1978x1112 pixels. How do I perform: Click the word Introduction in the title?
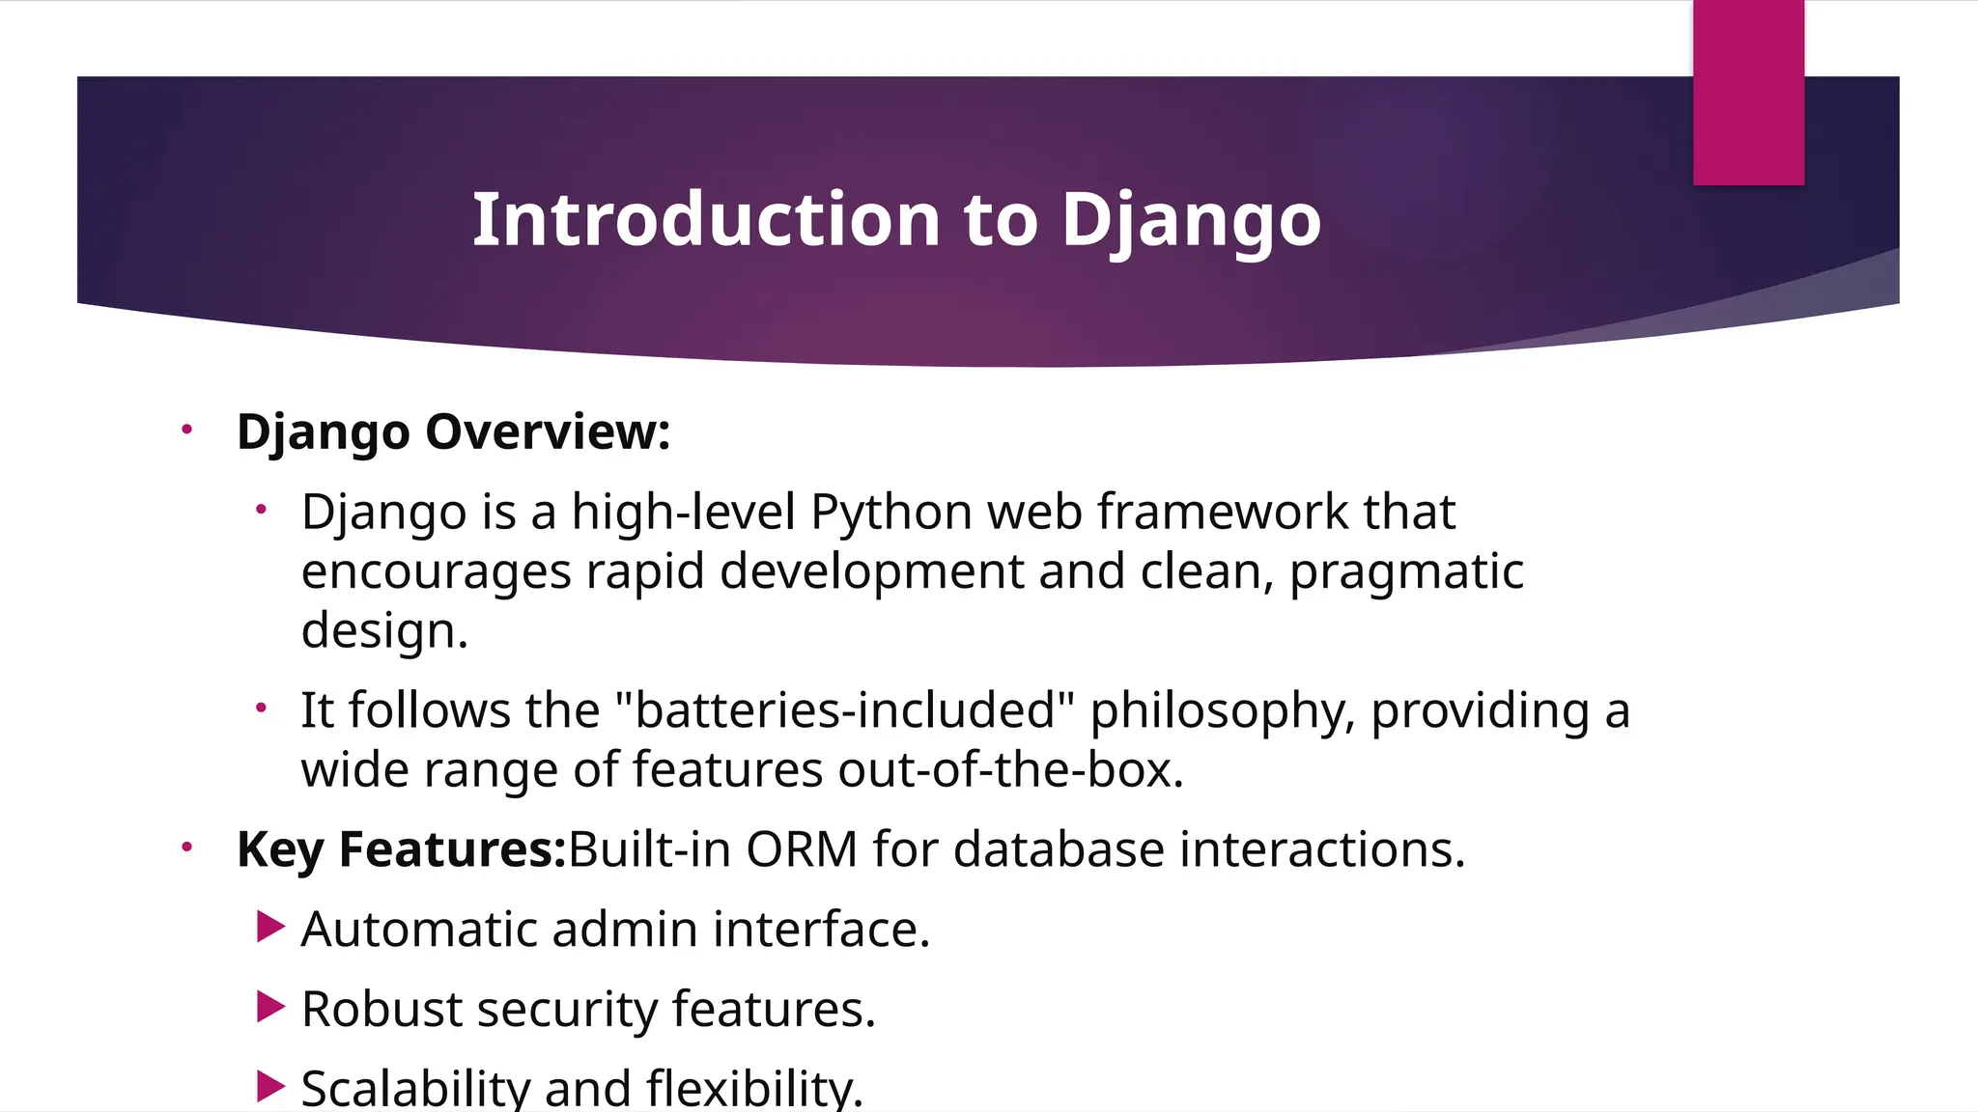coord(706,220)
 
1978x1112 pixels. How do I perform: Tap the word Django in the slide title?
coord(1191,220)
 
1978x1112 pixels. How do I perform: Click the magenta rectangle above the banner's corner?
coord(1748,93)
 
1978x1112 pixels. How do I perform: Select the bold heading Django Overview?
coord(453,431)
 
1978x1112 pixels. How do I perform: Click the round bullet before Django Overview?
coord(187,430)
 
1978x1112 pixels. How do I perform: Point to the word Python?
coord(890,512)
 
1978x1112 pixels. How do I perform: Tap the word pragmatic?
coord(1406,571)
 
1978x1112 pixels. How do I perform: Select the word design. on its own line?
coord(384,631)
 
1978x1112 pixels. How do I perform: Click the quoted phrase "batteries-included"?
coord(844,710)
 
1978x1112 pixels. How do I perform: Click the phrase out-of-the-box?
coord(1010,770)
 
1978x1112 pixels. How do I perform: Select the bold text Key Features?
coord(401,850)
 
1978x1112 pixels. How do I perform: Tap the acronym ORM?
coord(801,850)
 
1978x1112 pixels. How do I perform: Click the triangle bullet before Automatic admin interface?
coord(270,928)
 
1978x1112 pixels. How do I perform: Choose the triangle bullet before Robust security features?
coord(270,1008)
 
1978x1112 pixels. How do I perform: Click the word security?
coord(567,1010)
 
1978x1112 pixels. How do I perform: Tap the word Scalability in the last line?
coord(415,1089)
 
